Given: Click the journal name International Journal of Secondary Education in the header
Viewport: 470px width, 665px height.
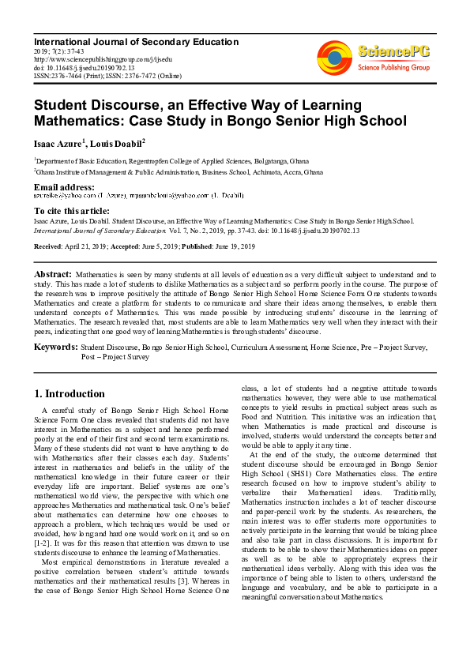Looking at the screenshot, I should coord(136,42).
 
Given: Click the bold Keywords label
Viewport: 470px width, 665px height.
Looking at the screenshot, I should coord(55,346).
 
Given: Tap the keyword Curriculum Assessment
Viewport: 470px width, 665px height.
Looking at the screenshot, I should coord(269,347).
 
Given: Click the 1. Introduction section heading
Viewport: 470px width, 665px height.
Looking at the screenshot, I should coord(70,393).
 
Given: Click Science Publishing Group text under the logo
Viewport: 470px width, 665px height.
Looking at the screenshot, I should coord(393,68).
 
